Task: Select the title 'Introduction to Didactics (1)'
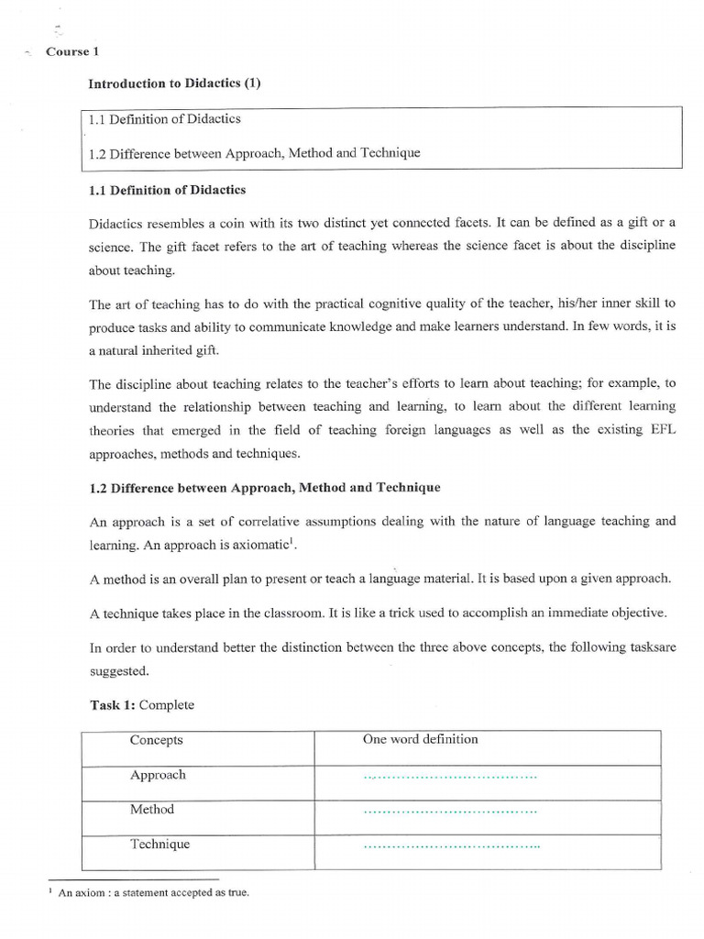[174, 83]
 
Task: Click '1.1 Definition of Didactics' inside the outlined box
[165, 119]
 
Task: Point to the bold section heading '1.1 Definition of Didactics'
[167, 190]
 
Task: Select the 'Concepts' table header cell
[156, 740]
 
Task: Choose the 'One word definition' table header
[420, 739]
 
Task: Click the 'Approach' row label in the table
[158, 775]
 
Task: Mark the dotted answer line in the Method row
[450, 811]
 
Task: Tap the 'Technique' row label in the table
[159, 844]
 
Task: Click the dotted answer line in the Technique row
[452, 845]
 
